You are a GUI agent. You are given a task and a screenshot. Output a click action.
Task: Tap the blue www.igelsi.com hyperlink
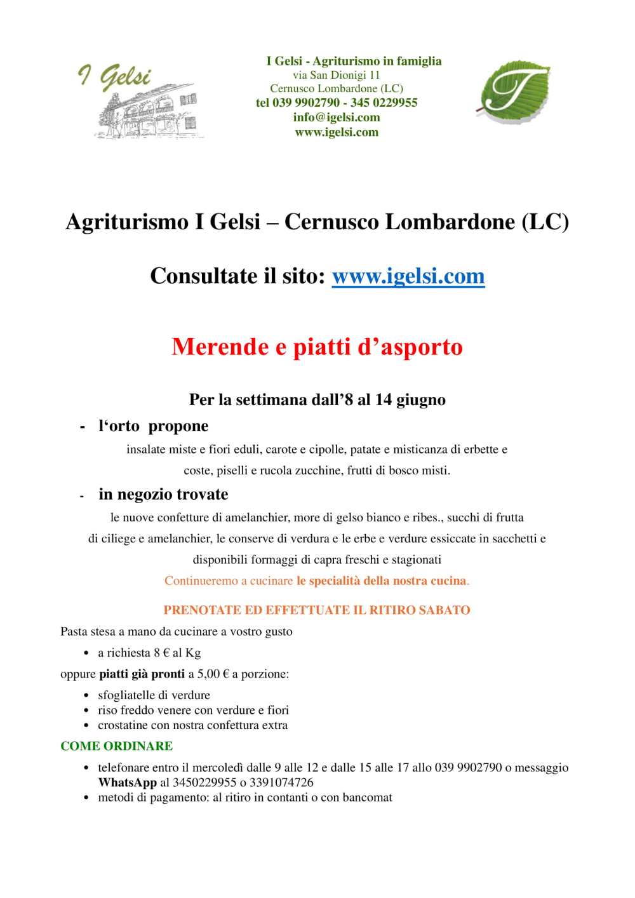coord(408,276)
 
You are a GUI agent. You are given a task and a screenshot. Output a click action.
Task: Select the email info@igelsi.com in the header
coord(337,117)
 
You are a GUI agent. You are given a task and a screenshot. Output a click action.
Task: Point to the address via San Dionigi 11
coord(336,75)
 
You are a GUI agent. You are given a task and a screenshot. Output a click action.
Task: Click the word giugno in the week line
coord(421,400)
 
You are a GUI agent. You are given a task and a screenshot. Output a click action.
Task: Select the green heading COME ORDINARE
coord(116,746)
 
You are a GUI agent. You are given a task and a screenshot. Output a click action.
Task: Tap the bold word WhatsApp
coord(127,782)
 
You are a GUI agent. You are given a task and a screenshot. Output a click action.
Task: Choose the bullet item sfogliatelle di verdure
coord(154,695)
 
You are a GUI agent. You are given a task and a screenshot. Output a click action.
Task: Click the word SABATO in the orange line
coord(446,610)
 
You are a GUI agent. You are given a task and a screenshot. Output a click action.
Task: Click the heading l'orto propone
coord(153,426)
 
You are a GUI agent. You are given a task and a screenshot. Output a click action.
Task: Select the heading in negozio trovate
coord(163,495)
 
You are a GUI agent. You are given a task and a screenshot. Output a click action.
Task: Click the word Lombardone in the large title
coord(450,222)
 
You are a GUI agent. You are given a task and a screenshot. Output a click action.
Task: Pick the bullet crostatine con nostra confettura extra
coord(192,725)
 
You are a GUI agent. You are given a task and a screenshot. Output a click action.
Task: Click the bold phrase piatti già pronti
coord(142,674)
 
